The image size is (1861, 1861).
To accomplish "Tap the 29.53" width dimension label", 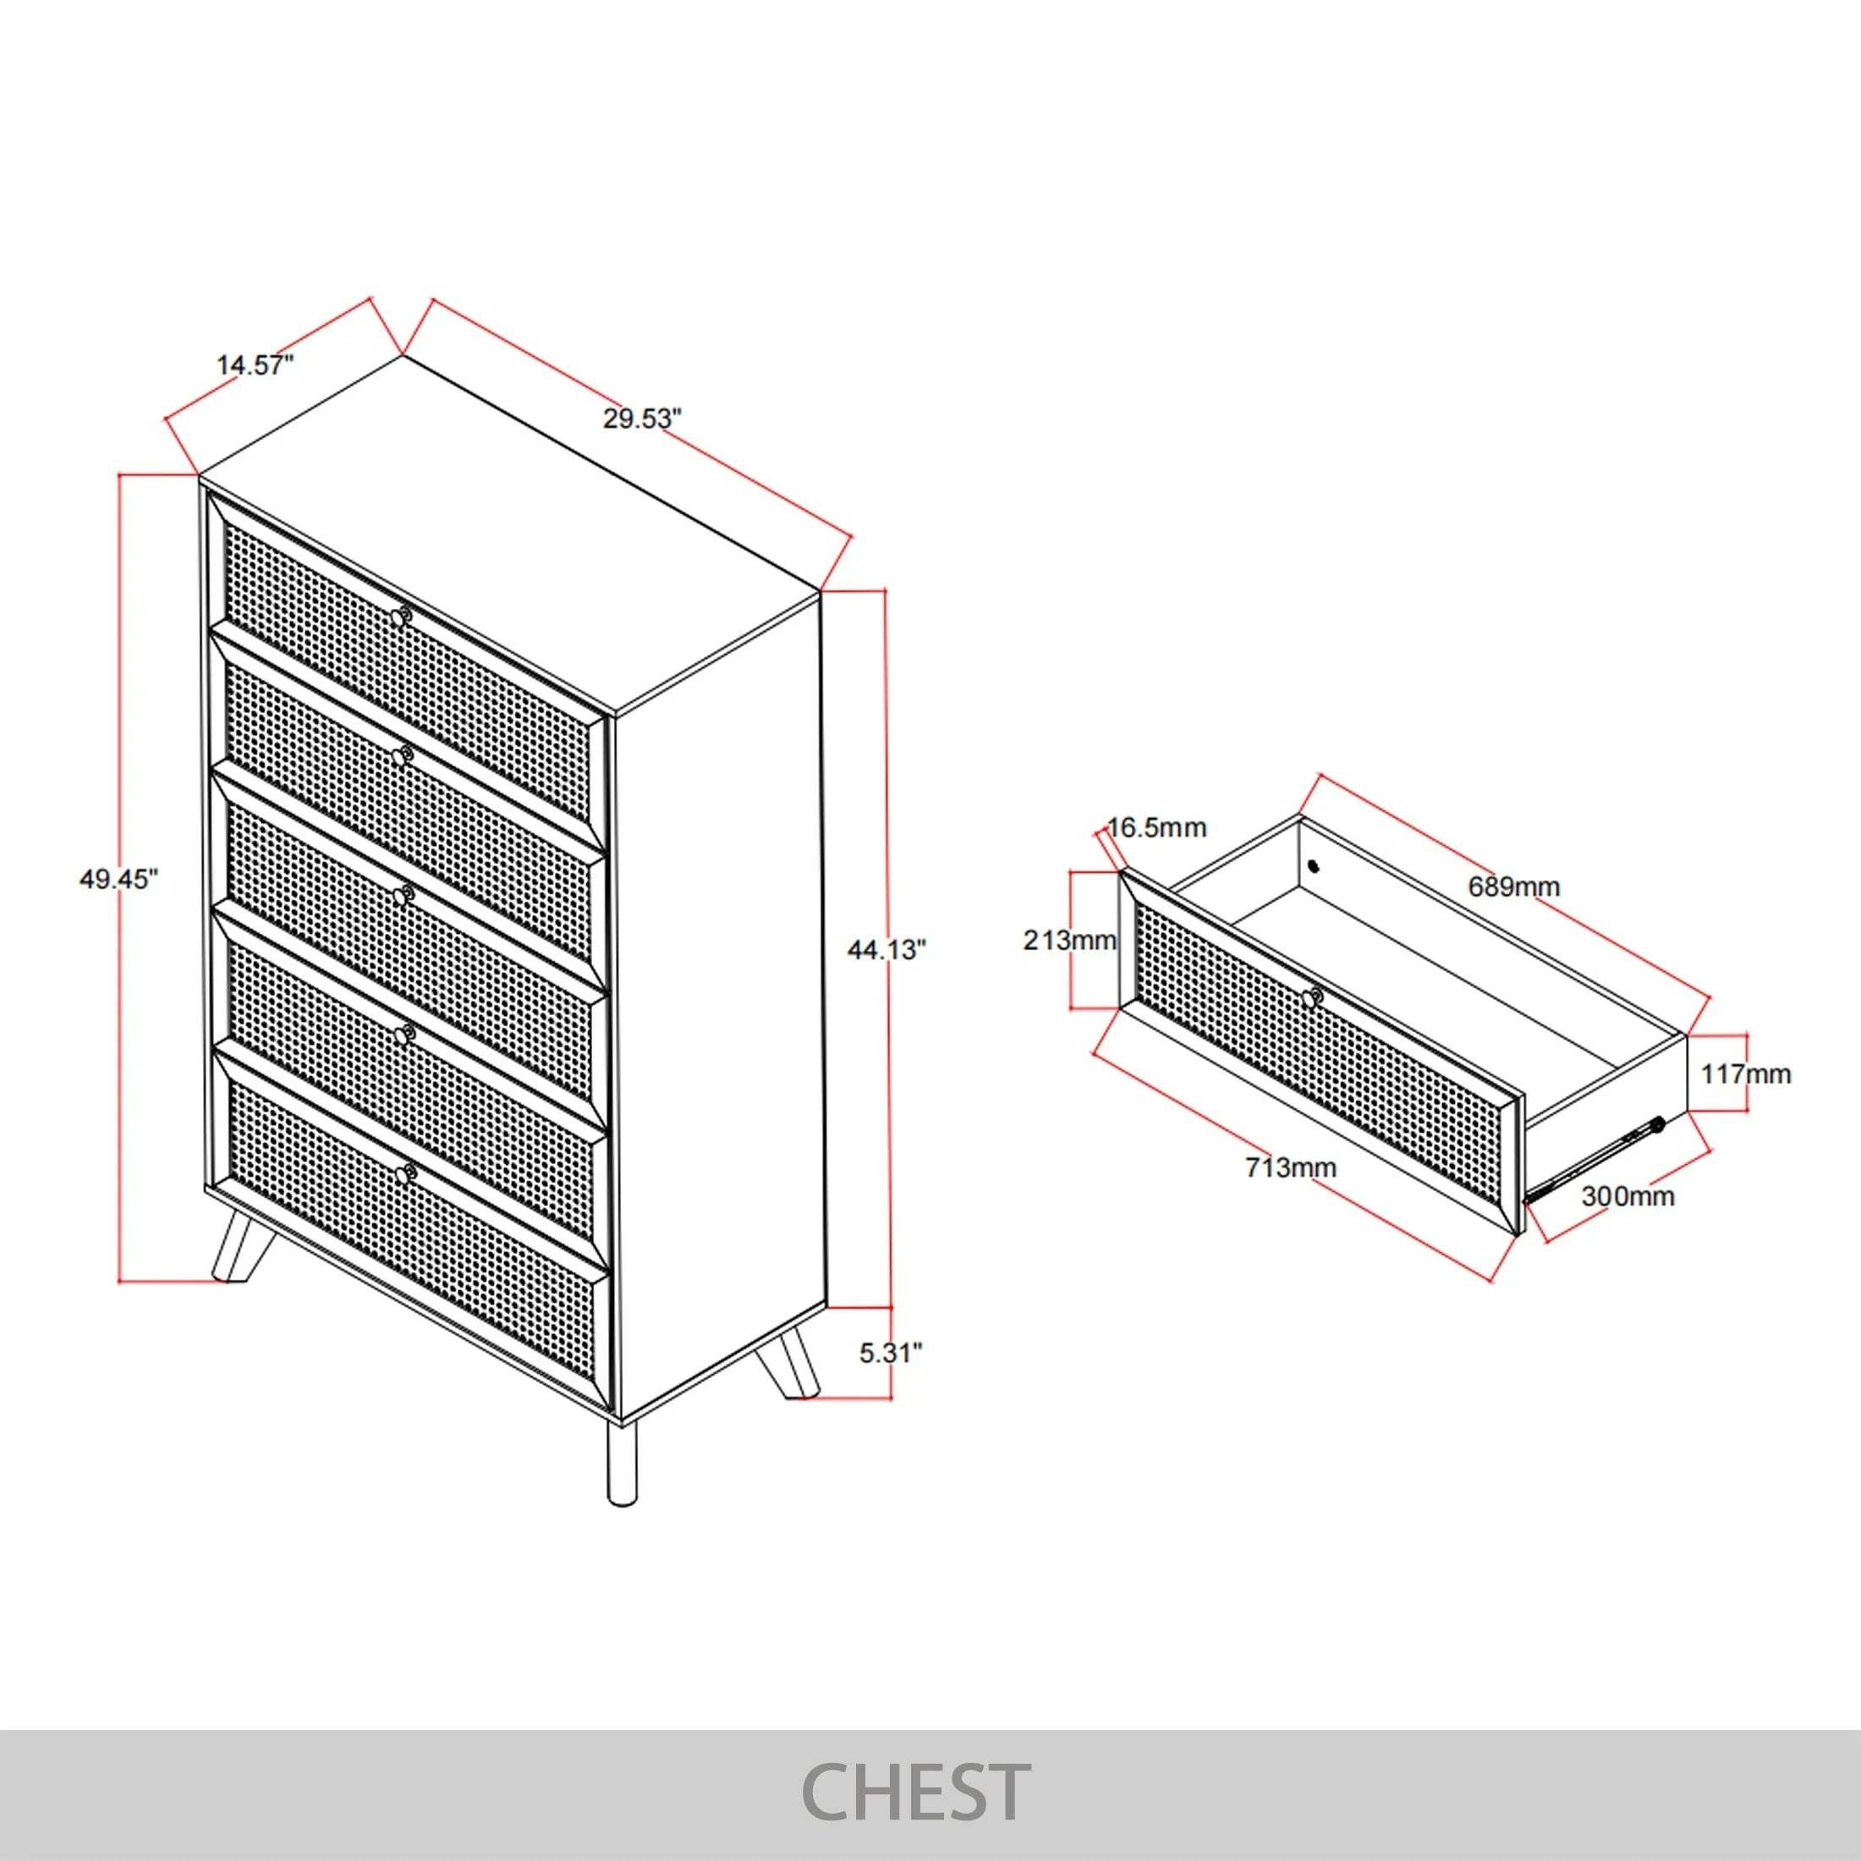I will [x=643, y=418].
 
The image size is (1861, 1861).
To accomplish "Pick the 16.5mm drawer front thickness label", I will [x=1157, y=827].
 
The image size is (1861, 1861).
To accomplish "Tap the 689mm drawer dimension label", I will [x=1513, y=887].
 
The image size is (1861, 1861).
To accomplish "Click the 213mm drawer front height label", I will [x=1069, y=939].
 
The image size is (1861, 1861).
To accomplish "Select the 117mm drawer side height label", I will [x=1745, y=1073].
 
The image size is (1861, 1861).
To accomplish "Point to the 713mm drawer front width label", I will [x=1291, y=1167].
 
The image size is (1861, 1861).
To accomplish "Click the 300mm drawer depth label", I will [x=1628, y=1196].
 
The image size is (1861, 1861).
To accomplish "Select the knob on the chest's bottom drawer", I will [x=404, y=1173].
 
